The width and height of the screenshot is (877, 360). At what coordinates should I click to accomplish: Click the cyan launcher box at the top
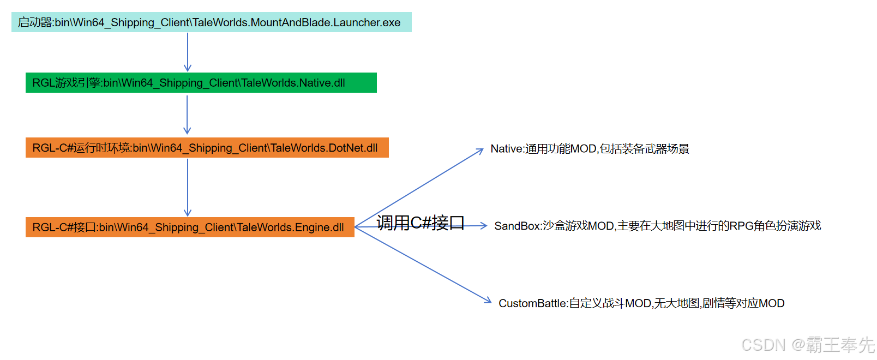pyautogui.click(x=211, y=22)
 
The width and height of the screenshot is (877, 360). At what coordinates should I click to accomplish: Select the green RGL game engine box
pyautogui.click(x=201, y=83)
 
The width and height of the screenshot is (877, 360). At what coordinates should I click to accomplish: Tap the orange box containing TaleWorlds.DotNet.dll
pyautogui.click(x=207, y=148)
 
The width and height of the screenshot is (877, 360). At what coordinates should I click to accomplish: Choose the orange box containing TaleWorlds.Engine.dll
pyautogui.click(x=190, y=227)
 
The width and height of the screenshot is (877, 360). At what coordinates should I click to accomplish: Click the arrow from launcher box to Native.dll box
pyautogui.click(x=188, y=52)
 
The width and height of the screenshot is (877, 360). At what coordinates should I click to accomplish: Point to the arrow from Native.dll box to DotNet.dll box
pyautogui.click(x=187, y=115)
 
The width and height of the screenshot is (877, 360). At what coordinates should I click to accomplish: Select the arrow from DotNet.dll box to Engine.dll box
pyautogui.click(x=188, y=187)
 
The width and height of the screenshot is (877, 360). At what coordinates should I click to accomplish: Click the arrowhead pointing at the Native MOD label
pyautogui.click(x=480, y=151)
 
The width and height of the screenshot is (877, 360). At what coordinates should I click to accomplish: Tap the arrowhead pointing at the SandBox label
pyautogui.click(x=483, y=225)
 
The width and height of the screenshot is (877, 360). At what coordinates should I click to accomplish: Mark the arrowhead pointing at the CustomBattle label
pyautogui.click(x=487, y=300)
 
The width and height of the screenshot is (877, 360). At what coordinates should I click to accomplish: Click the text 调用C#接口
pyautogui.click(x=420, y=223)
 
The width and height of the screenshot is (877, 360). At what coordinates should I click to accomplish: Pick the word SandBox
pyautogui.click(x=516, y=226)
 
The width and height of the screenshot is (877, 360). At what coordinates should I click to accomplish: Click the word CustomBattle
pyautogui.click(x=532, y=303)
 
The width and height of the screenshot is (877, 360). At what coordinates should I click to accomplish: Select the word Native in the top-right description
pyautogui.click(x=506, y=149)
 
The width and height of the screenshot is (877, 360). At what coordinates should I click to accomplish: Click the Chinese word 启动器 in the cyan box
pyautogui.click(x=35, y=22)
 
